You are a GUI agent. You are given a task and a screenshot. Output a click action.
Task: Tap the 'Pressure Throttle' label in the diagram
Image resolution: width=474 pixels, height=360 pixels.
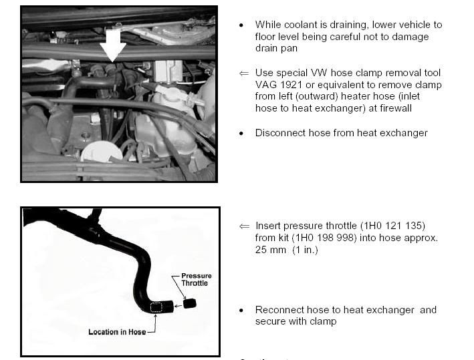pos(196,279)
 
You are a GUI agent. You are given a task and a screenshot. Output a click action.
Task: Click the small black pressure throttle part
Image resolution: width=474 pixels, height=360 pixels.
pos(189,303)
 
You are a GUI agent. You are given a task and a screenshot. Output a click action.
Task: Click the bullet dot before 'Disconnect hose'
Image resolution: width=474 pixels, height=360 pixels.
pos(241,134)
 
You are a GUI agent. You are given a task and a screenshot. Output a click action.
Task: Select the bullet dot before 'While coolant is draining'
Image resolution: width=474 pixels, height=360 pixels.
pos(241,25)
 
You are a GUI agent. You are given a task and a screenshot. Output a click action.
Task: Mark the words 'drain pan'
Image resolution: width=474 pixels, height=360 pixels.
pos(277,49)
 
